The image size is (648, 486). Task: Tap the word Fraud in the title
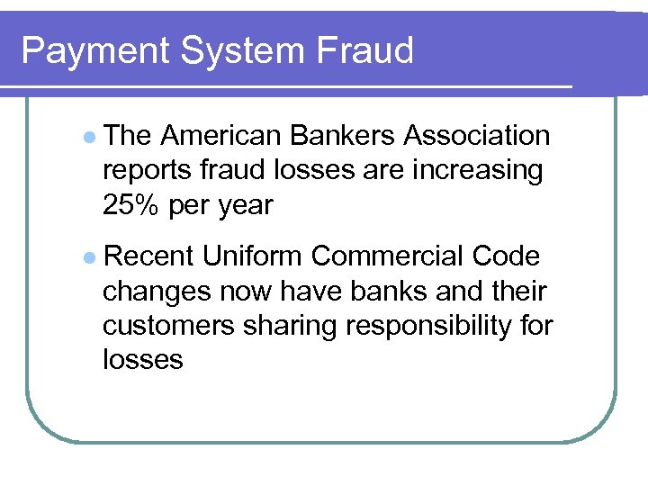pos(365,51)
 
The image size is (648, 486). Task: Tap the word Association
pos(477,136)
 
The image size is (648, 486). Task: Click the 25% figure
pos(131,205)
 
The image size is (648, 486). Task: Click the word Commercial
pos(391,256)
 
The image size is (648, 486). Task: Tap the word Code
pos(506,256)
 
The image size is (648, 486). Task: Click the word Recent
pos(149,256)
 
